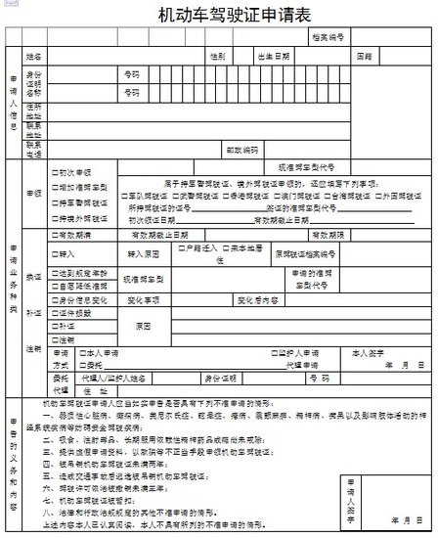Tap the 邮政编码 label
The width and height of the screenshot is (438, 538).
(241, 151)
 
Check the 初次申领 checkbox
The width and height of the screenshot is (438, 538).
(55, 172)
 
